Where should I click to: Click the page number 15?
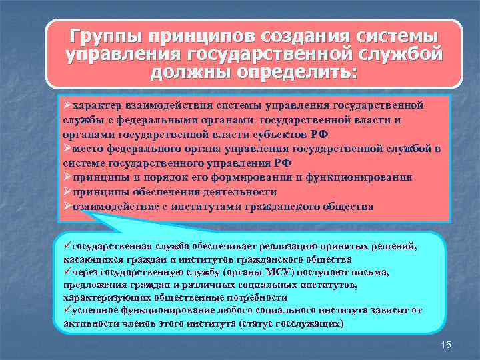pyautogui.click(x=446, y=344)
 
